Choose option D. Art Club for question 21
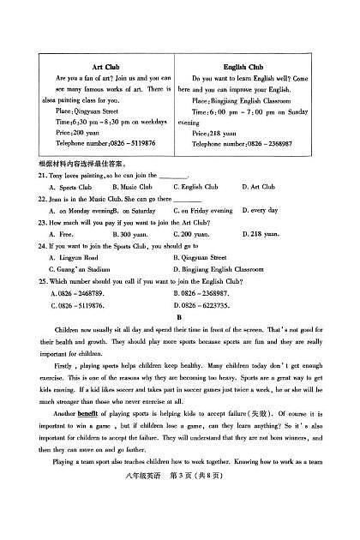[257, 186]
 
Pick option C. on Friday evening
[203, 210]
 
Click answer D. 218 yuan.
[261, 233]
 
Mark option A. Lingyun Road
[73, 257]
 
